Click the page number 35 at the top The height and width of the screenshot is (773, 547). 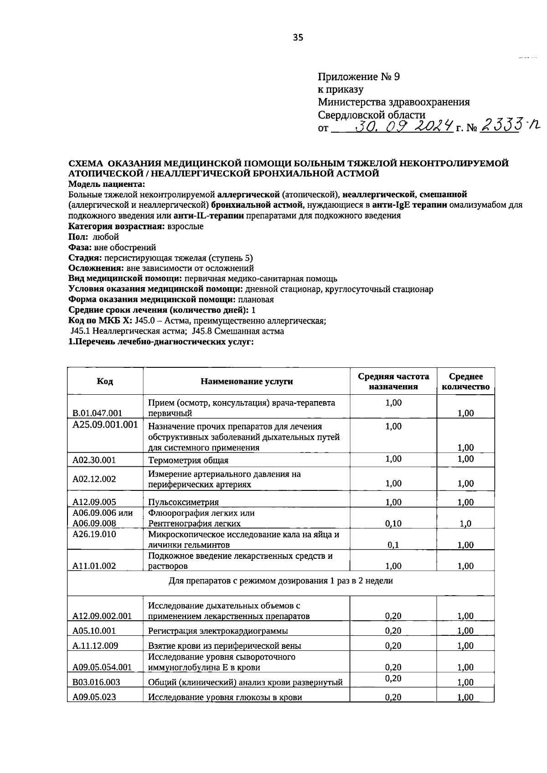pos(298,38)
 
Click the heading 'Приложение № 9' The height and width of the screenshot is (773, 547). pos(359,77)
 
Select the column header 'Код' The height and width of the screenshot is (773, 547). pos(105,381)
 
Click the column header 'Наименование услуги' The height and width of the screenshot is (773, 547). pos(247,381)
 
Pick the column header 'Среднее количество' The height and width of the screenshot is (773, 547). pos(465,381)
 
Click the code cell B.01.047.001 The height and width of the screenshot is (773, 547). pos(98,413)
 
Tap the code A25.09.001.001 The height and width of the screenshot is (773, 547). pos(105,424)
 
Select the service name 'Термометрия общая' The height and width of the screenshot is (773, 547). pos(188,460)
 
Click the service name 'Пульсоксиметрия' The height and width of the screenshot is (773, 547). pos(183,502)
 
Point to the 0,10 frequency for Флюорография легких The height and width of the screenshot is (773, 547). pos(393,523)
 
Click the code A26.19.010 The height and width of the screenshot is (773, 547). pos(94,534)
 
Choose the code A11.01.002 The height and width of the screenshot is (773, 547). pos(94,566)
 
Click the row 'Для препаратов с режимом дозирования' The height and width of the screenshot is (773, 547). pos(280,581)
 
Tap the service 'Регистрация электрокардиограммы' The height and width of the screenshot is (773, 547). pos(218,631)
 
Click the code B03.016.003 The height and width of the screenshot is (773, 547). pos(96,682)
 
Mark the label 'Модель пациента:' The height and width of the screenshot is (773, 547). pos(107,184)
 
